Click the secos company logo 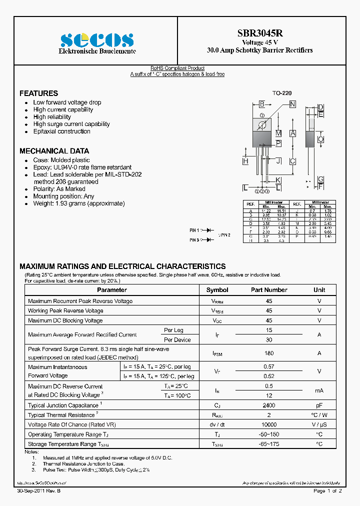pos(96,40)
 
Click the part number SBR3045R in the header pos(260,33)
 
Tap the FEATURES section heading pos(38,93)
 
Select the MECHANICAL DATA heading pos(54,151)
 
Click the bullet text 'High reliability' pos(52,117)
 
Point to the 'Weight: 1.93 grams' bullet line pos(78,203)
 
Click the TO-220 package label pos(282,93)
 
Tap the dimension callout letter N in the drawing pos(292,104)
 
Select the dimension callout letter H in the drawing pos(245,161)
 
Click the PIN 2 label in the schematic pos(225,234)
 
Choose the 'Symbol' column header pos(217,290)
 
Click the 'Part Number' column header pos(269,290)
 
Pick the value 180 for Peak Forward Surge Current pos(269,353)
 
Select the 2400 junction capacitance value pos(269,405)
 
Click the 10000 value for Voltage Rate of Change pos(269,424)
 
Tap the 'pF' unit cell pos(319,405)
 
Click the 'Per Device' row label pos(177,339)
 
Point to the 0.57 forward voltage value pos(269,366)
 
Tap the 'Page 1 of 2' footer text pos(327,491)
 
